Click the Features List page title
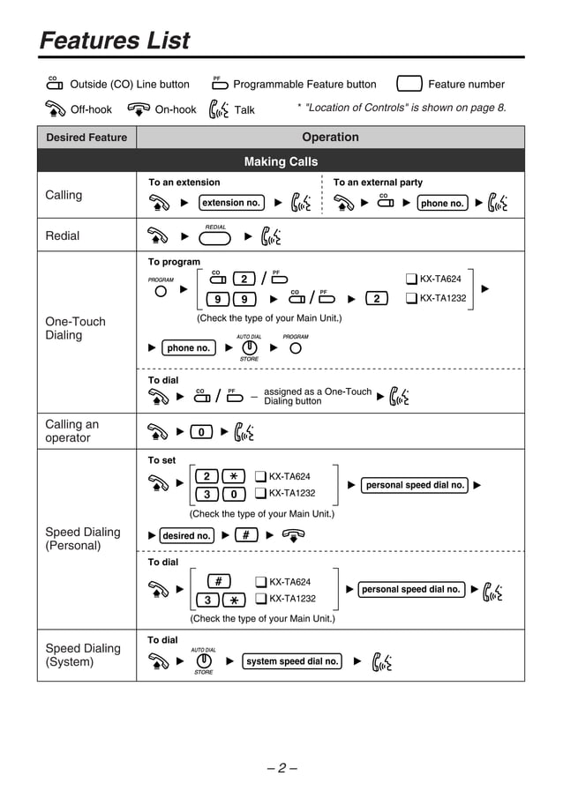coord(115,41)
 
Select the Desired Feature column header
coord(86,138)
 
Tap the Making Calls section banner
coord(281,161)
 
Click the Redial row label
coord(62,235)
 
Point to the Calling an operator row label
coord(72,431)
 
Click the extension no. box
coord(231,203)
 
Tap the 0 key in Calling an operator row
coord(201,432)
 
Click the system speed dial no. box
coord(292,661)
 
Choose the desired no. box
coord(186,535)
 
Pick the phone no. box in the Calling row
coord(442,203)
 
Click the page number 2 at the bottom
coord(281,767)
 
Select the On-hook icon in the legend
coord(139,109)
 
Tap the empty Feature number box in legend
coord(409,85)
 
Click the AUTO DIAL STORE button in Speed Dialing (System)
coord(204,661)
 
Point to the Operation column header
coord(330,138)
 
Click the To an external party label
coord(378,183)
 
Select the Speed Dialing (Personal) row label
coord(82,539)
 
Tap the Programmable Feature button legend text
coord(304,85)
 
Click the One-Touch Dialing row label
coord(75,328)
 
